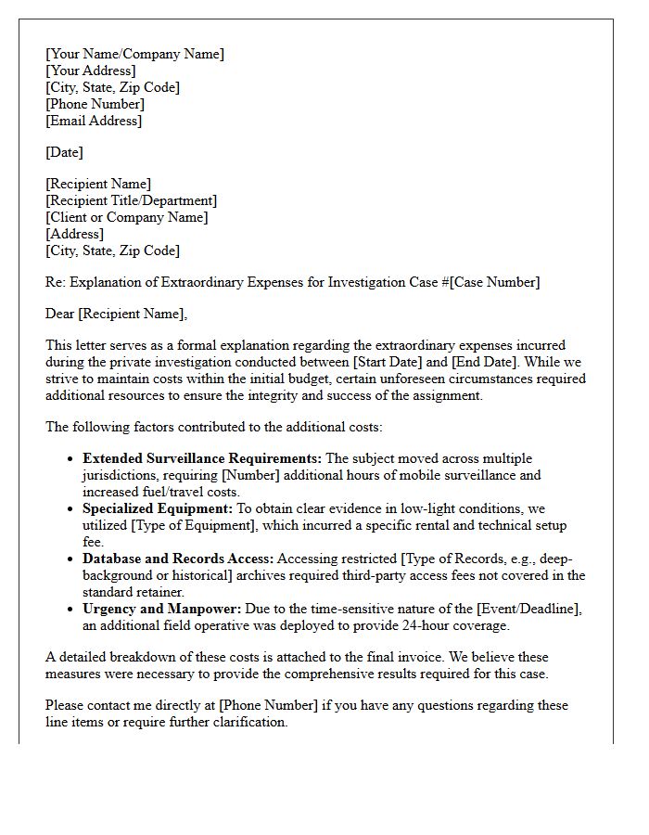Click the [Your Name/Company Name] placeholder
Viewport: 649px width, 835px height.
(x=134, y=54)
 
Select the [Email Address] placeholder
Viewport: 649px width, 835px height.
(x=94, y=121)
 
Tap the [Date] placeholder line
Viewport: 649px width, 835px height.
(x=64, y=152)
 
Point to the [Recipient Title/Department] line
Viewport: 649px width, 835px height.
(x=131, y=200)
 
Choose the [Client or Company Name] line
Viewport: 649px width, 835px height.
(x=127, y=217)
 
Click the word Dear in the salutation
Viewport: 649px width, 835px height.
(x=61, y=314)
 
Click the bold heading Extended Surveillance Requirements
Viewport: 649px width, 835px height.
(x=202, y=458)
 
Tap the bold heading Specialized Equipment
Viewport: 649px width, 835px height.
(x=157, y=508)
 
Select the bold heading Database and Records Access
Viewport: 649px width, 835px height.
(x=178, y=559)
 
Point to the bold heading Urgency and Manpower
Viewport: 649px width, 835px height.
(x=161, y=609)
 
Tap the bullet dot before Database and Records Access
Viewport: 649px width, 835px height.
(x=71, y=559)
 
